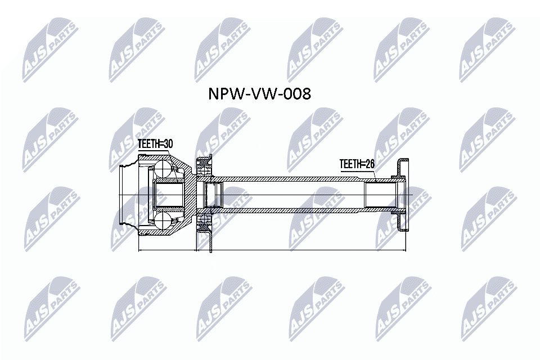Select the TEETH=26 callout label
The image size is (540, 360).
pos(357,164)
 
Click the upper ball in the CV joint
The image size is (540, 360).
pos(163,169)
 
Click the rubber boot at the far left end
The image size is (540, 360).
pos(127,195)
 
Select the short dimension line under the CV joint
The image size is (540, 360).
pos(166,250)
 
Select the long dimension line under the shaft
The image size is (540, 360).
pos(300,250)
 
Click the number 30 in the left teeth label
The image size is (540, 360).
pos(165,145)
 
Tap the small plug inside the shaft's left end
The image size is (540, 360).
pos(213,195)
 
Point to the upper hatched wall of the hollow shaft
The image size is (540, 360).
pos(292,179)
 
